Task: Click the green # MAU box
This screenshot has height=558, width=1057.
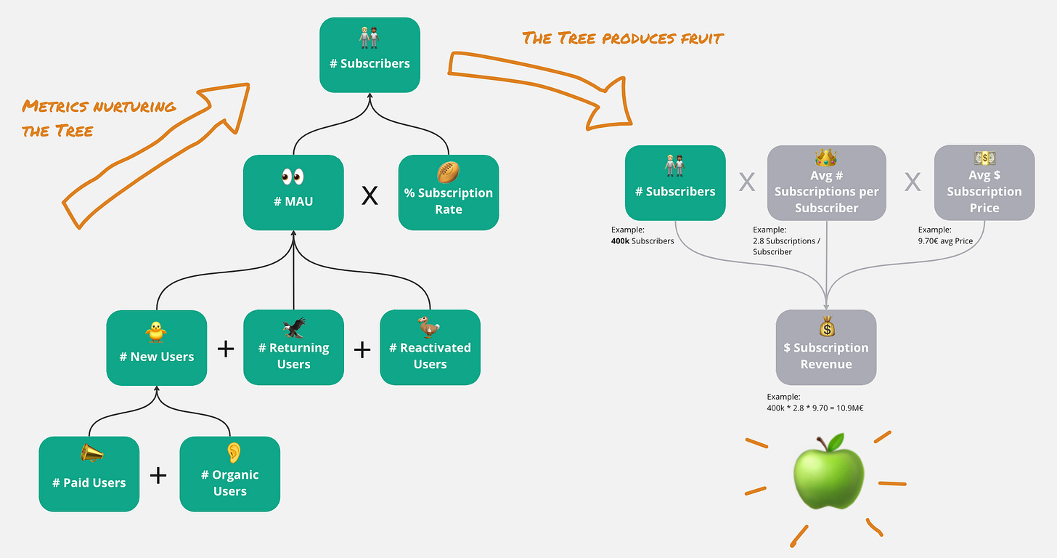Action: point(293,193)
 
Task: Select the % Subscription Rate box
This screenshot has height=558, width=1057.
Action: point(448,193)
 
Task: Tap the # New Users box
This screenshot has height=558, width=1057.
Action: point(156,348)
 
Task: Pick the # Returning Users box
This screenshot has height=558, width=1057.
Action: point(293,348)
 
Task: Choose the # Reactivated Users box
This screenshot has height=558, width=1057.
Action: point(430,348)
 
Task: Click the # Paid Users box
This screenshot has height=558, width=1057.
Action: point(89,474)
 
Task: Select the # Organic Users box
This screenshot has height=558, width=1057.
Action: point(229,474)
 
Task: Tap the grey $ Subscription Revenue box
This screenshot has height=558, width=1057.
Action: point(826,348)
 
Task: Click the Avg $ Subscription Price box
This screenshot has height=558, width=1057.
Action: point(984,183)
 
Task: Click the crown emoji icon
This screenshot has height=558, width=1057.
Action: point(826,158)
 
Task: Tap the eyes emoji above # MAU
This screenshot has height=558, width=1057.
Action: point(293,177)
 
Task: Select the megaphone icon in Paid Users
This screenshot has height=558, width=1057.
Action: point(91,454)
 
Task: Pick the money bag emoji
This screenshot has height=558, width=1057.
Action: point(827,325)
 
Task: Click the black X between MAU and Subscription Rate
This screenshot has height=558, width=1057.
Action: point(370,195)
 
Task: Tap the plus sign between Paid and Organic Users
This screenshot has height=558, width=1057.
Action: point(158,475)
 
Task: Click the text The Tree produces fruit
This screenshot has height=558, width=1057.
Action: point(622,38)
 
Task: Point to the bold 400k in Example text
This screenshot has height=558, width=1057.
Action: point(620,240)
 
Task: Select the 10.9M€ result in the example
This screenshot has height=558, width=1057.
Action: point(846,408)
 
